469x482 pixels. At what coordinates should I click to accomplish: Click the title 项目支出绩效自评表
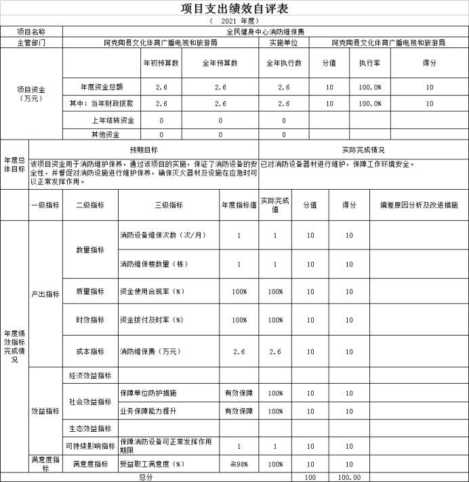pos(234,9)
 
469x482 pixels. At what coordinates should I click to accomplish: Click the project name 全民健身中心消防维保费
pos(265,31)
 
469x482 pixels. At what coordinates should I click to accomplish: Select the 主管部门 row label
pos(31,42)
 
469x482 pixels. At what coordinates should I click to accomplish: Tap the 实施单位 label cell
pos(284,42)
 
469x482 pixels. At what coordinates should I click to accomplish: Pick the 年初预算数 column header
pos(161,63)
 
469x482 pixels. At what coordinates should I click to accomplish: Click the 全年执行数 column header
pos(284,63)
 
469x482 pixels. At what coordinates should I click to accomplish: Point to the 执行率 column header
pos(369,63)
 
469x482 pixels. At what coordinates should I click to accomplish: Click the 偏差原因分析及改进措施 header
pos(418,205)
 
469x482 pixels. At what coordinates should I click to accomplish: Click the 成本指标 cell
pos(90,351)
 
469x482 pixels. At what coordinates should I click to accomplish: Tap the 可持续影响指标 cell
pos(90,445)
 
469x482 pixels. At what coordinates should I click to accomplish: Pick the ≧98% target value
pos(238,464)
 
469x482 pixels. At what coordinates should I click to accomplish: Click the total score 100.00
pos(349,477)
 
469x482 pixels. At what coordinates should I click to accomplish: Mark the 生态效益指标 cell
pos(90,428)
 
